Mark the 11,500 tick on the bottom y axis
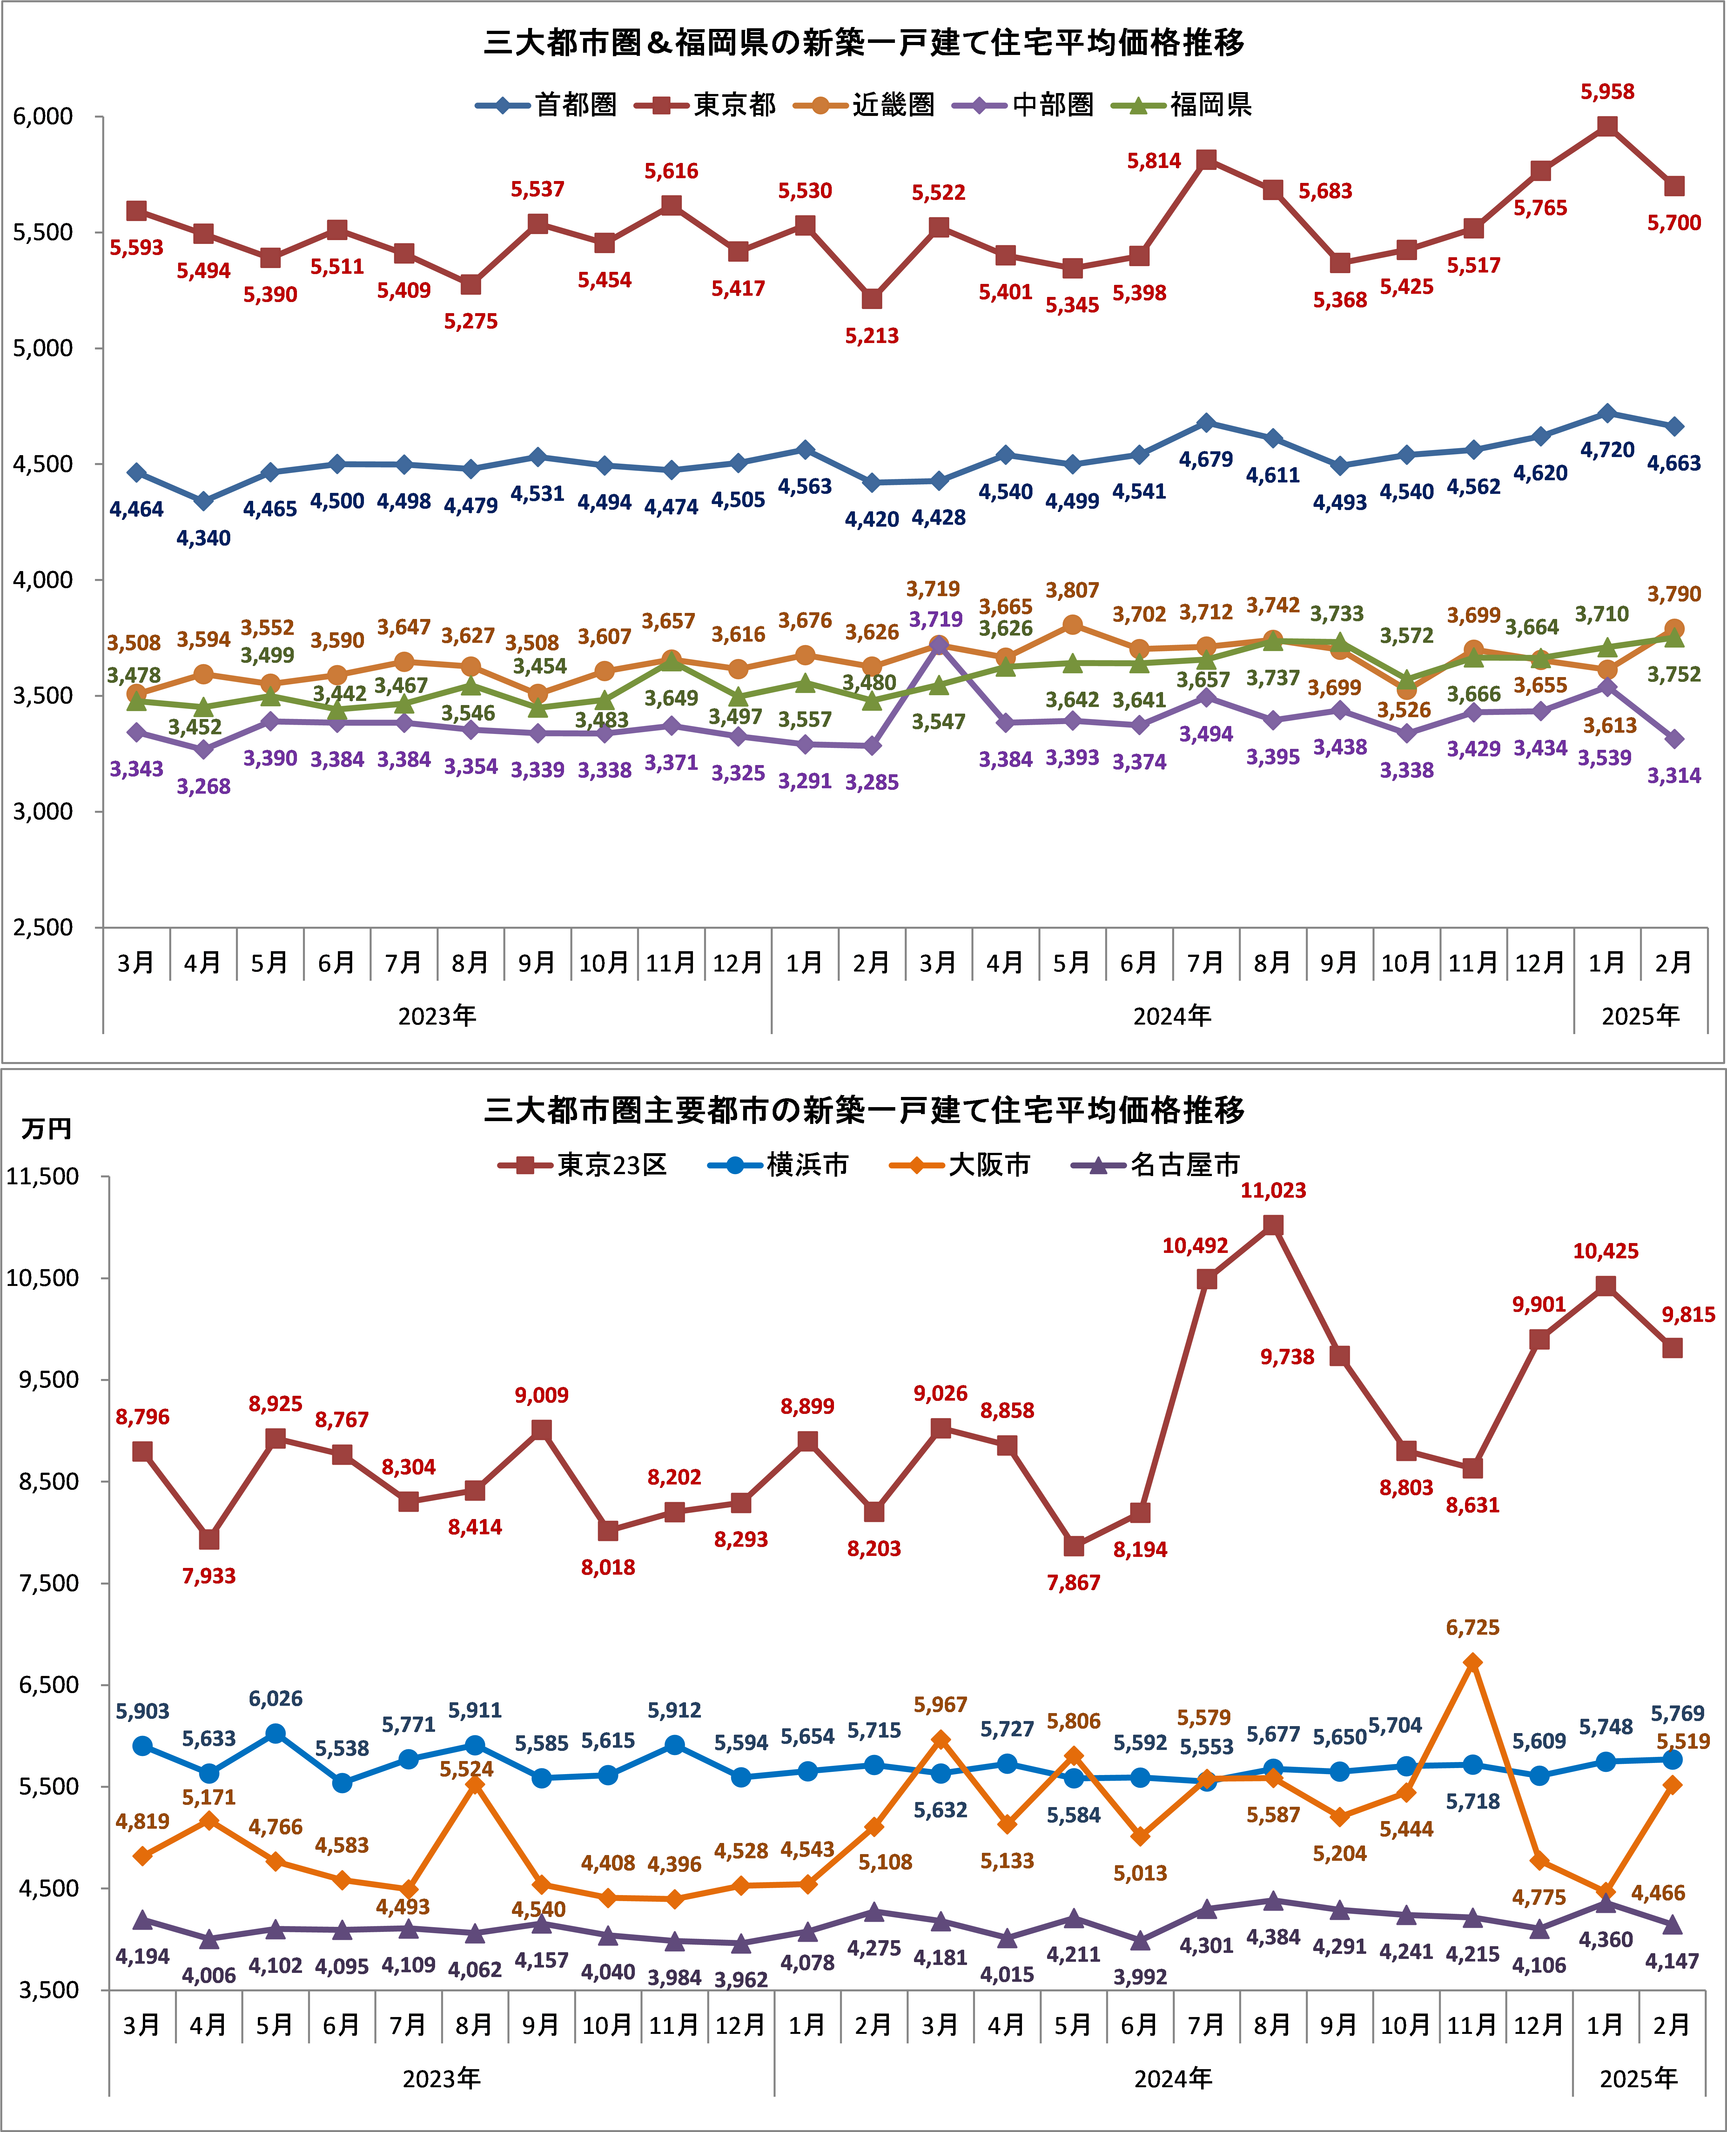click(x=43, y=1176)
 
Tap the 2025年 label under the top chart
click(x=1639, y=1016)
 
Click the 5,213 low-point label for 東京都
click(x=871, y=336)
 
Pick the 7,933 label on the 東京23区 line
click(x=209, y=1576)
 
